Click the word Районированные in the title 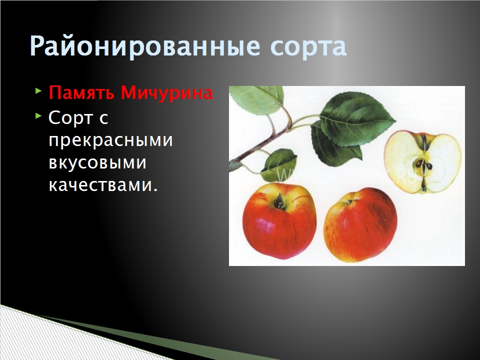click(145, 46)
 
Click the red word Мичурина click(167, 93)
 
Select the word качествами click(103, 185)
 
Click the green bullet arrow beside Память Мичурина click(38, 91)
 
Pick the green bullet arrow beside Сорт click(38, 115)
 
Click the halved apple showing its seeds click(423, 162)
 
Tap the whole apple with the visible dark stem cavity click(279, 221)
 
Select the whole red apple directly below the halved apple click(360, 225)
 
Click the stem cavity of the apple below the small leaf click(279, 201)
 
